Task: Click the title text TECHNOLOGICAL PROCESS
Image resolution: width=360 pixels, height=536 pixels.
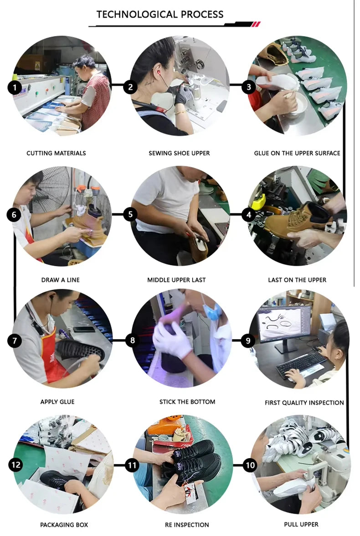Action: (x=159, y=15)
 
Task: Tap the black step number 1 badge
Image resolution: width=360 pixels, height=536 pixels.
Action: (x=15, y=88)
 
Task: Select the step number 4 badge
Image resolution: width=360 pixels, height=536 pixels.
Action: (x=249, y=215)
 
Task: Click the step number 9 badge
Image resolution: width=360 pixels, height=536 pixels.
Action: (x=248, y=340)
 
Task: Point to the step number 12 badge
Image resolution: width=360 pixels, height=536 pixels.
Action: (x=16, y=465)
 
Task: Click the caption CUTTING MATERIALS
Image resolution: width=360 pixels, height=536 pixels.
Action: (x=56, y=153)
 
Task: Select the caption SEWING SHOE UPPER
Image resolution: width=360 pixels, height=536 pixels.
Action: (x=179, y=153)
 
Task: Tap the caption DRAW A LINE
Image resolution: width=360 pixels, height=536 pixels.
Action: (x=60, y=280)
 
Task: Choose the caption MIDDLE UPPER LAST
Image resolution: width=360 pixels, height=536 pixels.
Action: (x=176, y=280)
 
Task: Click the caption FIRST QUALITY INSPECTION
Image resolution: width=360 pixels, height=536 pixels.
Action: (x=304, y=403)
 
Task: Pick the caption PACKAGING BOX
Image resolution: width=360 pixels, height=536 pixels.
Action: (x=64, y=525)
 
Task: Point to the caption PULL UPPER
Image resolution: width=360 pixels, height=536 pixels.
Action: (x=301, y=524)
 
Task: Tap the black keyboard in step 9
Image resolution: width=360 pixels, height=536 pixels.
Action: (x=301, y=364)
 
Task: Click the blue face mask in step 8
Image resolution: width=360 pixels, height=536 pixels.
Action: (x=212, y=312)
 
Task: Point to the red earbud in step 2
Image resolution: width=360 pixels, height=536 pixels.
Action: (x=159, y=72)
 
